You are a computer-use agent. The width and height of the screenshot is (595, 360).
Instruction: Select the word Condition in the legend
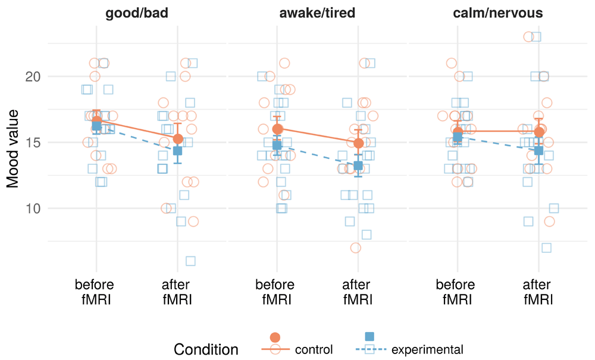click(206, 349)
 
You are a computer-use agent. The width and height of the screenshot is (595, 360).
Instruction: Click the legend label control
click(314, 349)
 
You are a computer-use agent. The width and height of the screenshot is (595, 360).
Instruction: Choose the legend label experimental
click(427, 349)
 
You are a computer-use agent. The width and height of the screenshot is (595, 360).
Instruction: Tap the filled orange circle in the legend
click(275, 337)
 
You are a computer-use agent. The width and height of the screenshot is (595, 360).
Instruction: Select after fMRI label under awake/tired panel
click(358, 292)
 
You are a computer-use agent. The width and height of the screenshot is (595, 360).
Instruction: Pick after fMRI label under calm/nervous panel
click(539, 292)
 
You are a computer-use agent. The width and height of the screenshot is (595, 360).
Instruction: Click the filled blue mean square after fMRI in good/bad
click(177, 151)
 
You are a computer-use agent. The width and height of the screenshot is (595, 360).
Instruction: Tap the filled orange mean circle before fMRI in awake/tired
click(277, 129)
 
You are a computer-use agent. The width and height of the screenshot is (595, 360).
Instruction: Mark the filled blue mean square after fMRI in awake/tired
click(358, 165)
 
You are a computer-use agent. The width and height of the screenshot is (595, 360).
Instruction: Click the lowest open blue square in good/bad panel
click(190, 261)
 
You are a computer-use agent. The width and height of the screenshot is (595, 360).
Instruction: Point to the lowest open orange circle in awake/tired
click(355, 248)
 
